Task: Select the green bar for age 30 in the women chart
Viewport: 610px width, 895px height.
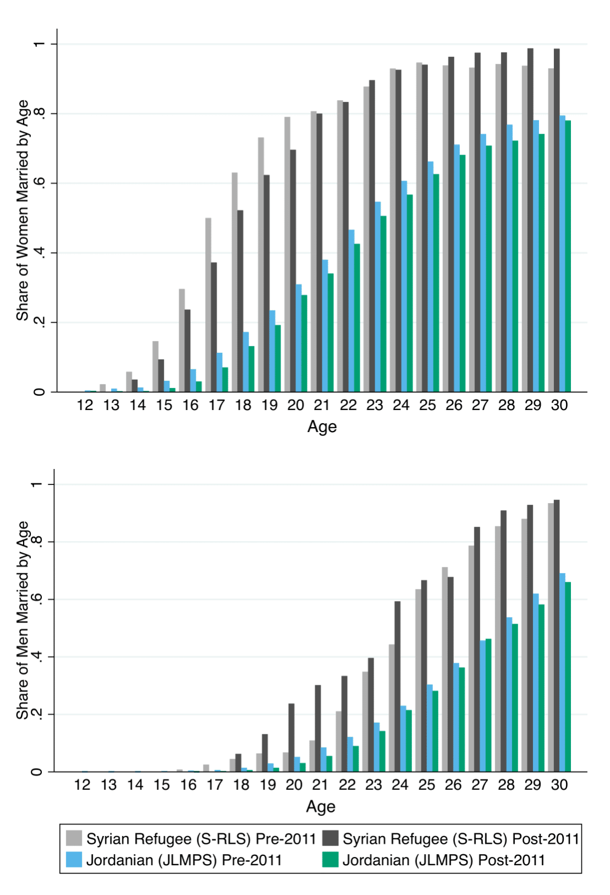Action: coord(568,256)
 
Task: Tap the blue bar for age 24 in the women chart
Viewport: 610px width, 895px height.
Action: coord(404,286)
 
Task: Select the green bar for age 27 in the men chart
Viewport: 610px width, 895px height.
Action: coord(488,705)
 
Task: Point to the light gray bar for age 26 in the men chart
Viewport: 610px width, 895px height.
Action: coord(444,669)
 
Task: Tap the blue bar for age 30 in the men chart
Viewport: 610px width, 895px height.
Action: coord(562,672)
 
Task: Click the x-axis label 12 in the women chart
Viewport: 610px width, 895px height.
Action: coord(85,405)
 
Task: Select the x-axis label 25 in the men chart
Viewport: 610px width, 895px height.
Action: coord(426,785)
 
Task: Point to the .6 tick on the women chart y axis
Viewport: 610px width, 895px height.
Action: coord(39,183)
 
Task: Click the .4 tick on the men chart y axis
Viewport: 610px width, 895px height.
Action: coord(36,657)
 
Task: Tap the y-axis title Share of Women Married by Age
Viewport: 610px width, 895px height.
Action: coord(22,210)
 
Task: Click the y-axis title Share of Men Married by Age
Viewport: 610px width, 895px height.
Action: coord(22,620)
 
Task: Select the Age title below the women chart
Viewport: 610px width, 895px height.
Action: coord(322,427)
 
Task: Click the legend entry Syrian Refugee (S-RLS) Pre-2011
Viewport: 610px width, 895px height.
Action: coord(201,839)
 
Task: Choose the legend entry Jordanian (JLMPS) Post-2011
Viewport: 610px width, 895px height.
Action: coord(443,860)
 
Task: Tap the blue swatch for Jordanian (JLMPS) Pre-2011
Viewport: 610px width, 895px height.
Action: coord(74,859)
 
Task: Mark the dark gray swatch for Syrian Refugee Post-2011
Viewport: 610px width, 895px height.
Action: coord(330,838)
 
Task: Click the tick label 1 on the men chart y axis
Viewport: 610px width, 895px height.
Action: coord(36,484)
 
